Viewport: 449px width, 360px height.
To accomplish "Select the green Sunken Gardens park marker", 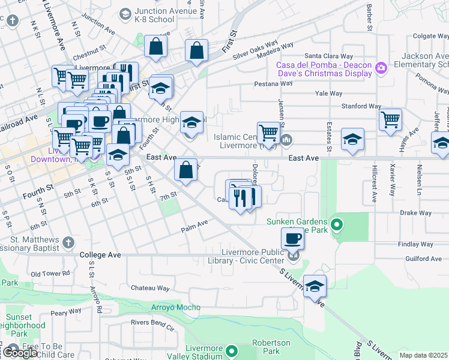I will (337, 226).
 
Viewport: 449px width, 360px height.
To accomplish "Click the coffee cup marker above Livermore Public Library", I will (292, 238).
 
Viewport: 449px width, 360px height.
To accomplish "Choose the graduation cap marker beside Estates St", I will (353, 139).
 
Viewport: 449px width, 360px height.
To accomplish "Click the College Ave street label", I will (100, 255).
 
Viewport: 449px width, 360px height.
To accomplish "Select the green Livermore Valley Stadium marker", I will (232, 350).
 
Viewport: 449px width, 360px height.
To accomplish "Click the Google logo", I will (20, 353).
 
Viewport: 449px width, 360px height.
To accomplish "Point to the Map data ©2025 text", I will (423, 355).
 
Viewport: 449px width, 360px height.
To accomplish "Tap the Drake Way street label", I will (416, 213).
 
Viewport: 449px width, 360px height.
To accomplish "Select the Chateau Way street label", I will (147, 288).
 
